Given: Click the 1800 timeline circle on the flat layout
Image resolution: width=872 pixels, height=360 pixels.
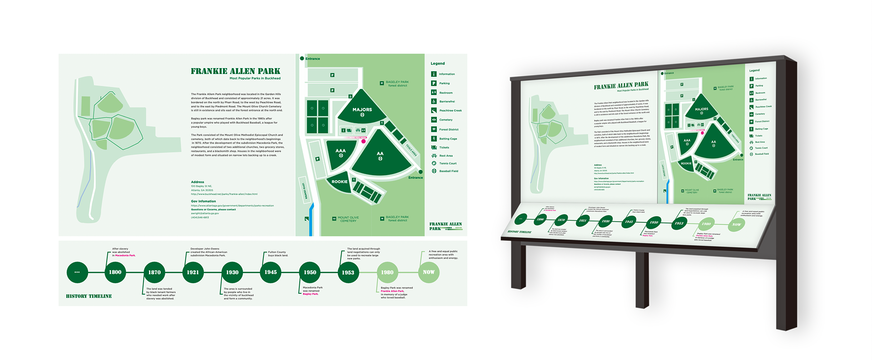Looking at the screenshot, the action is (115, 272).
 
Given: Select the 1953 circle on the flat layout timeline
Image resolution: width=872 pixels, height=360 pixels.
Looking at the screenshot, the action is (348, 272).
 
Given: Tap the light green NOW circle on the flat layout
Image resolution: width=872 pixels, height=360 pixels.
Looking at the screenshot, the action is (428, 272).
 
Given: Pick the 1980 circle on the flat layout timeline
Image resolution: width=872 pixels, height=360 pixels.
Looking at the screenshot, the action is (387, 272).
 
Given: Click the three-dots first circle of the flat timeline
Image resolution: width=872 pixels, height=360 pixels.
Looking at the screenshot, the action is (77, 272).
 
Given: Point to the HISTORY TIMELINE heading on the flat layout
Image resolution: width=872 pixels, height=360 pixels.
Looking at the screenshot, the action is (89, 296).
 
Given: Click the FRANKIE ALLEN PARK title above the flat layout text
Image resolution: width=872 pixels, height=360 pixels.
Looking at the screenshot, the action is (235, 71).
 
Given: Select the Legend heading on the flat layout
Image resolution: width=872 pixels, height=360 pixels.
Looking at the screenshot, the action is (438, 64).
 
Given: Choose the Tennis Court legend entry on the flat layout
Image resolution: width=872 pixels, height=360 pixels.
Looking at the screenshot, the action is (447, 163).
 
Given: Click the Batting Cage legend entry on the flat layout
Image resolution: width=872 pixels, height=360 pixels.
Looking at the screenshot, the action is (448, 139).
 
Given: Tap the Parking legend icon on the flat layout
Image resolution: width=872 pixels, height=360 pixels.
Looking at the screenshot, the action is (434, 83).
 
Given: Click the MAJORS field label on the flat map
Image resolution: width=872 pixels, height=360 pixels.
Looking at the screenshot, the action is (362, 110).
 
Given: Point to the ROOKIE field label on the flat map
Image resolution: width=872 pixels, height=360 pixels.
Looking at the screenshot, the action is (339, 182).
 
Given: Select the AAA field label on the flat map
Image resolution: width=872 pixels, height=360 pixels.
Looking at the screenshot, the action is (341, 151).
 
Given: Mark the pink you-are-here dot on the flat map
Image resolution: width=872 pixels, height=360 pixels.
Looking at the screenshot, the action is (363, 141).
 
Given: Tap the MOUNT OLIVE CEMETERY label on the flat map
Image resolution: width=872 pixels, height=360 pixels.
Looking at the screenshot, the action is (348, 219).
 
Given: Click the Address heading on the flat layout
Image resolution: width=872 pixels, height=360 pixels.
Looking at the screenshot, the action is (198, 182).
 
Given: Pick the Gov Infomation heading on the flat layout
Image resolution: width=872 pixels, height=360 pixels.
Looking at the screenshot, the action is (203, 201).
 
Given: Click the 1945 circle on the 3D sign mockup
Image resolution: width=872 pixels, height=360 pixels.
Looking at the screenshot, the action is (629, 222).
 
